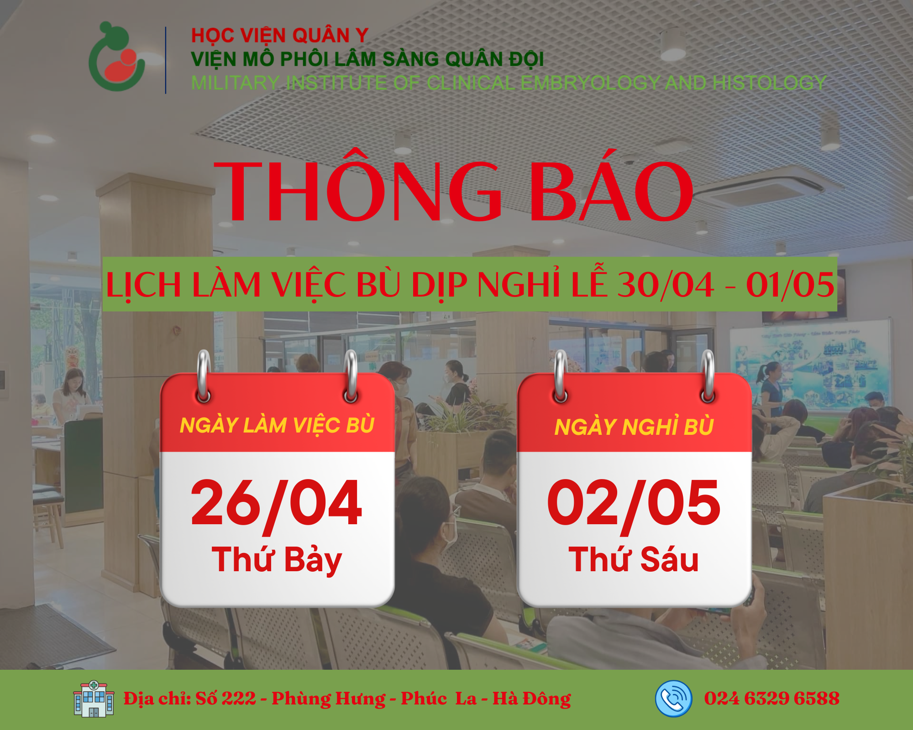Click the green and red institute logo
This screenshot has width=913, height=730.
(117, 57)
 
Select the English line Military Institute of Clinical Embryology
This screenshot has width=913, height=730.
(509, 83)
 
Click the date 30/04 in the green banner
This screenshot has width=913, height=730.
(665, 285)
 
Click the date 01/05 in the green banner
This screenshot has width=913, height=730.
(790, 285)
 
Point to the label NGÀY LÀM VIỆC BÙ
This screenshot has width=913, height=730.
(277, 425)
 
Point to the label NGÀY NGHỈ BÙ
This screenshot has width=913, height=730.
(634, 427)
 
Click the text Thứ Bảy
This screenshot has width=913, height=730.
(277, 560)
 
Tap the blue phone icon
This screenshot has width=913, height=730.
(673, 699)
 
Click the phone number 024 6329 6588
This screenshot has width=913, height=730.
(771, 698)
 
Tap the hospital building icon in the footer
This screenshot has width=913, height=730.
(94, 699)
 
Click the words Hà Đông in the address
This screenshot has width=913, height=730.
(532, 699)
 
